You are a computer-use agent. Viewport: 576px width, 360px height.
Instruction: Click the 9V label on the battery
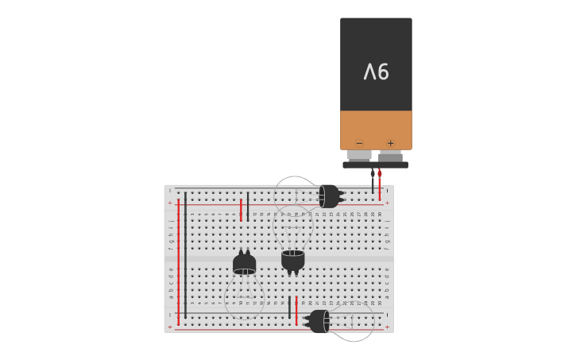[x=376, y=72]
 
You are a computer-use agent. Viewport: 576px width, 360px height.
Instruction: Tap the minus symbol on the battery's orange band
[x=359, y=143]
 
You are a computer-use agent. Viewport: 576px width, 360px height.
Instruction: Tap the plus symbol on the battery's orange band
[x=390, y=143]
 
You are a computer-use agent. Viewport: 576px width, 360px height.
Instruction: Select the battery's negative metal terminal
[x=359, y=155]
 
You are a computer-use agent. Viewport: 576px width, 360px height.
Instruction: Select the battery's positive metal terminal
[x=390, y=155]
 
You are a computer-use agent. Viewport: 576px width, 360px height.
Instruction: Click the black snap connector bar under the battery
[x=375, y=165]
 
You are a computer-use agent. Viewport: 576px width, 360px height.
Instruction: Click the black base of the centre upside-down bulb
[x=292, y=260]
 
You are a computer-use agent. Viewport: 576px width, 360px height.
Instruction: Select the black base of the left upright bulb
[x=244, y=263]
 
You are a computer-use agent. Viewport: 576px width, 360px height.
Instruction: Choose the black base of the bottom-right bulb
[x=319, y=321]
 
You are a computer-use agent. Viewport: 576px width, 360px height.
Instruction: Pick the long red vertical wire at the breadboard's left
[x=178, y=262]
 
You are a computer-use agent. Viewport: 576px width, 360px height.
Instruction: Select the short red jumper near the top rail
[x=241, y=211]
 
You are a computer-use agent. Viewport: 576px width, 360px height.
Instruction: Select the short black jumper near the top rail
[x=248, y=206]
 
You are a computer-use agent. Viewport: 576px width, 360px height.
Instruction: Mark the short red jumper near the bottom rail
[x=296, y=311]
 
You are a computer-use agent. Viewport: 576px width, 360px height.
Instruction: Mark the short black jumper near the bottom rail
[x=289, y=308]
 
